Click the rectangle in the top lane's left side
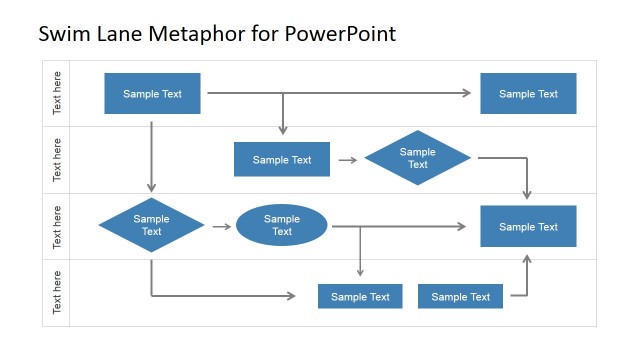[x=152, y=93]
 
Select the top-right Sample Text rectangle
[x=528, y=93]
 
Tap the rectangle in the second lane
[x=281, y=159]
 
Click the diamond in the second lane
[x=417, y=158]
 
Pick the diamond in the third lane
[x=151, y=225]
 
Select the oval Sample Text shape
[x=282, y=225]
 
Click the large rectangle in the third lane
[x=528, y=226]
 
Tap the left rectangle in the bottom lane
[x=360, y=296]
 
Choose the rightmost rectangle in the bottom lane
[x=460, y=296]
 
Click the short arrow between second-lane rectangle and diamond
[x=347, y=159]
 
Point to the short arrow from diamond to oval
[x=221, y=227]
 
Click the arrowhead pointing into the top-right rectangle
[x=466, y=93]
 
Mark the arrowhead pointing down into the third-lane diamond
[x=151, y=186]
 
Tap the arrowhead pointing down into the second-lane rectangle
[x=283, y=129]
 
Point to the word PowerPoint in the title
[x=341, y=34]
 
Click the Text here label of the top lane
[x=57, y=93]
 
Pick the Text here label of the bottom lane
[x=57, y=292]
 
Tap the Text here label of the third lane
[x=57, y=226]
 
